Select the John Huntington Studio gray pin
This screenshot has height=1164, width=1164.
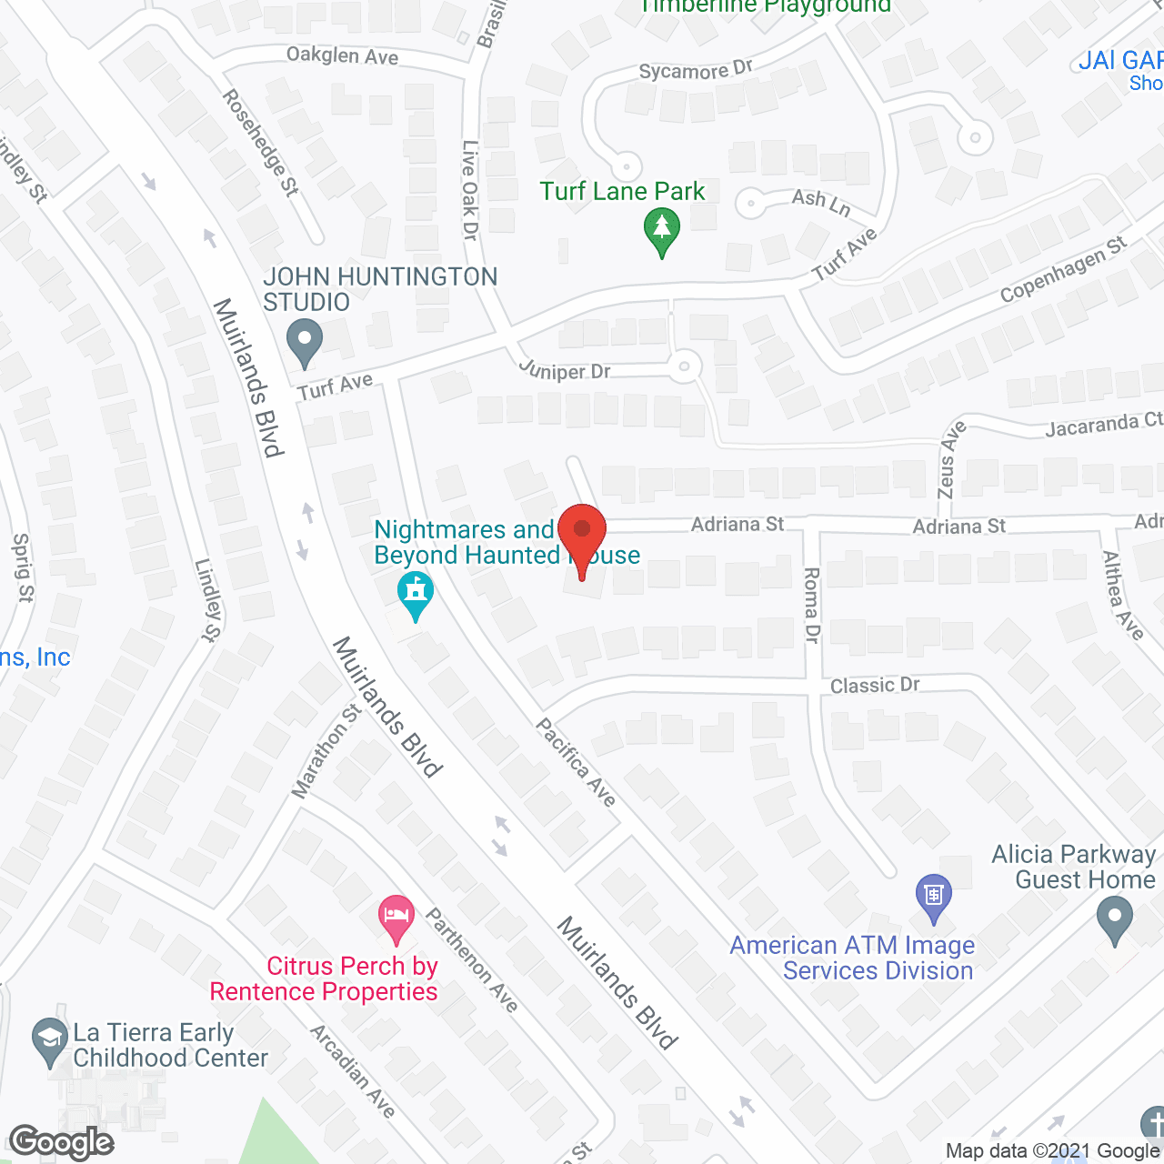305,344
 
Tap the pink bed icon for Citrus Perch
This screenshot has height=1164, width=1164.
396,919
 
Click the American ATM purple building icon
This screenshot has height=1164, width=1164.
933,897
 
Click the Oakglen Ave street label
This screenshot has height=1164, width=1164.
342,56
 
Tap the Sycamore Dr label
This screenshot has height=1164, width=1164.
696,70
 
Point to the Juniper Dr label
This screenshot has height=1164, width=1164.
565,370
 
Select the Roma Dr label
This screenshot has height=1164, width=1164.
811,605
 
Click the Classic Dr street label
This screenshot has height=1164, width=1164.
875,685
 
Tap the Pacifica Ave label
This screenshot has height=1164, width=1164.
576,761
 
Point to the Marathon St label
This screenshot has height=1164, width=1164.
326,751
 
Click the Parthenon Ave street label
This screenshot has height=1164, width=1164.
472,960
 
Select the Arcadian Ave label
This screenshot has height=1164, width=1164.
353,1071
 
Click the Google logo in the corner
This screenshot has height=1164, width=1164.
62,1142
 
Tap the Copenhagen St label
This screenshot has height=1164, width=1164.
1063,269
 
